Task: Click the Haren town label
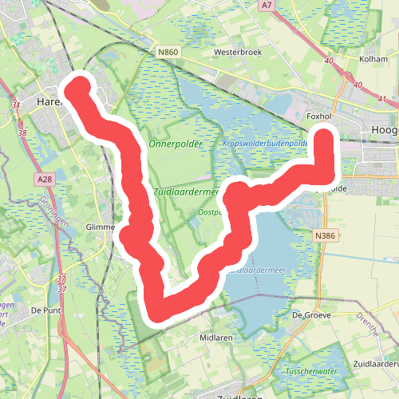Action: pos(49,101)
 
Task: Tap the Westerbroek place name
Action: pos(238,53)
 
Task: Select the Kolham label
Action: pos(373,59)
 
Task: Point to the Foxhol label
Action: pos(319,116)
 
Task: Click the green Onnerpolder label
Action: pos(176,144)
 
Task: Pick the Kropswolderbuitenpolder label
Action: pos(267,144)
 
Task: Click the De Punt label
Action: pos(47,309)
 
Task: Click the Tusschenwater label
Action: pos(312,372)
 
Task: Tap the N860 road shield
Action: pos(168,53)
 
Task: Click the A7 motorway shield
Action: pos(268,5)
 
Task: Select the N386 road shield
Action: pos(325,235)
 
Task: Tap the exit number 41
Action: pos(383,99)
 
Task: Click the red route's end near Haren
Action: pos(78,87)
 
